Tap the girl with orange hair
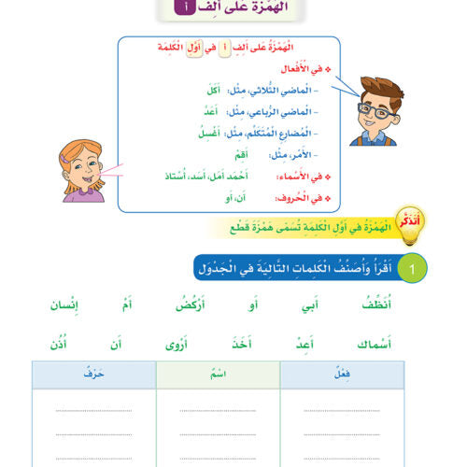(x=81, y=169)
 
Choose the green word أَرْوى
(x=170, y=345)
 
